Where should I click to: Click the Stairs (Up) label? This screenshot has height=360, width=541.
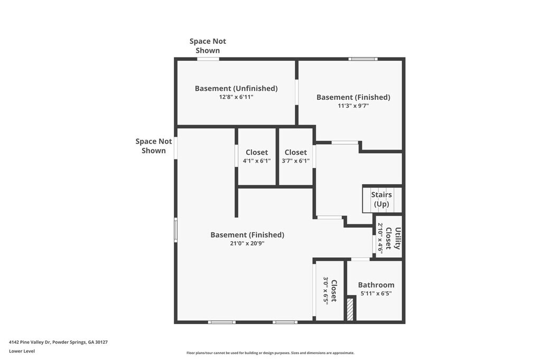pyautogui.click(x=381, y=200)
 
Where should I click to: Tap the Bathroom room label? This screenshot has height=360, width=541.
pyautogui.click(x=376, y=285)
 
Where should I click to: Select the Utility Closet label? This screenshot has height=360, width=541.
pyautogui.click(x=393, y=238)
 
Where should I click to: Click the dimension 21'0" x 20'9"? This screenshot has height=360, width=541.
pyautogui.click(x=247, y=243)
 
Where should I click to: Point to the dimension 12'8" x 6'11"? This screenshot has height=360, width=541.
pyautogui.click(x=236, y=97)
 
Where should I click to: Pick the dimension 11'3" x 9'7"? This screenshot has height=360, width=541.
pyautogui.click(x=353, y=106)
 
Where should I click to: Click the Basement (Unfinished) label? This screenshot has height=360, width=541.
pyautogui.click(x=236, y=88)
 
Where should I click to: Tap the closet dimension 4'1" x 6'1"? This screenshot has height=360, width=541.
pyautogui.click(x=257, y=160)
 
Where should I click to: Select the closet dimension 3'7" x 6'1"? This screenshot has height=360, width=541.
pyautogui.click(x=296, y=160)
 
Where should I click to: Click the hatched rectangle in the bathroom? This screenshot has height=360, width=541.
pyautogui.click(x=350, y=309)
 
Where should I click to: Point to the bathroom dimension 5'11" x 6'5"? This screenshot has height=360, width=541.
pyautogui.click(x=376, y=294)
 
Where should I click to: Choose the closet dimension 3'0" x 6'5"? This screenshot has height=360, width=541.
pyautogui.click(x=325, y=290)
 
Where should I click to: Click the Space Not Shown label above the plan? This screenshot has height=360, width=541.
pyautogui.click(x=208, y=46)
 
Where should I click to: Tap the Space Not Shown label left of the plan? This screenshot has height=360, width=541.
pyautogui.click(x=154, y=146)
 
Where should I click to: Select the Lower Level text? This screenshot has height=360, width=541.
pyautogui.click(x=22, y=351)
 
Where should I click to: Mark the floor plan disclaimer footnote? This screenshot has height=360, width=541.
pyautogui.click(x=270, y=353)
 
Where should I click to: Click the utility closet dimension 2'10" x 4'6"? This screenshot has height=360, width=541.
pyautogui.click(x=380, y=238)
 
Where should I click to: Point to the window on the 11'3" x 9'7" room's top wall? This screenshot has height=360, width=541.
pyautogui.click(x=363, y=59)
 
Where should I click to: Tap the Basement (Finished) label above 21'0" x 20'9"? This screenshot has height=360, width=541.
pyautogui.click(x=247, y=235)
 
